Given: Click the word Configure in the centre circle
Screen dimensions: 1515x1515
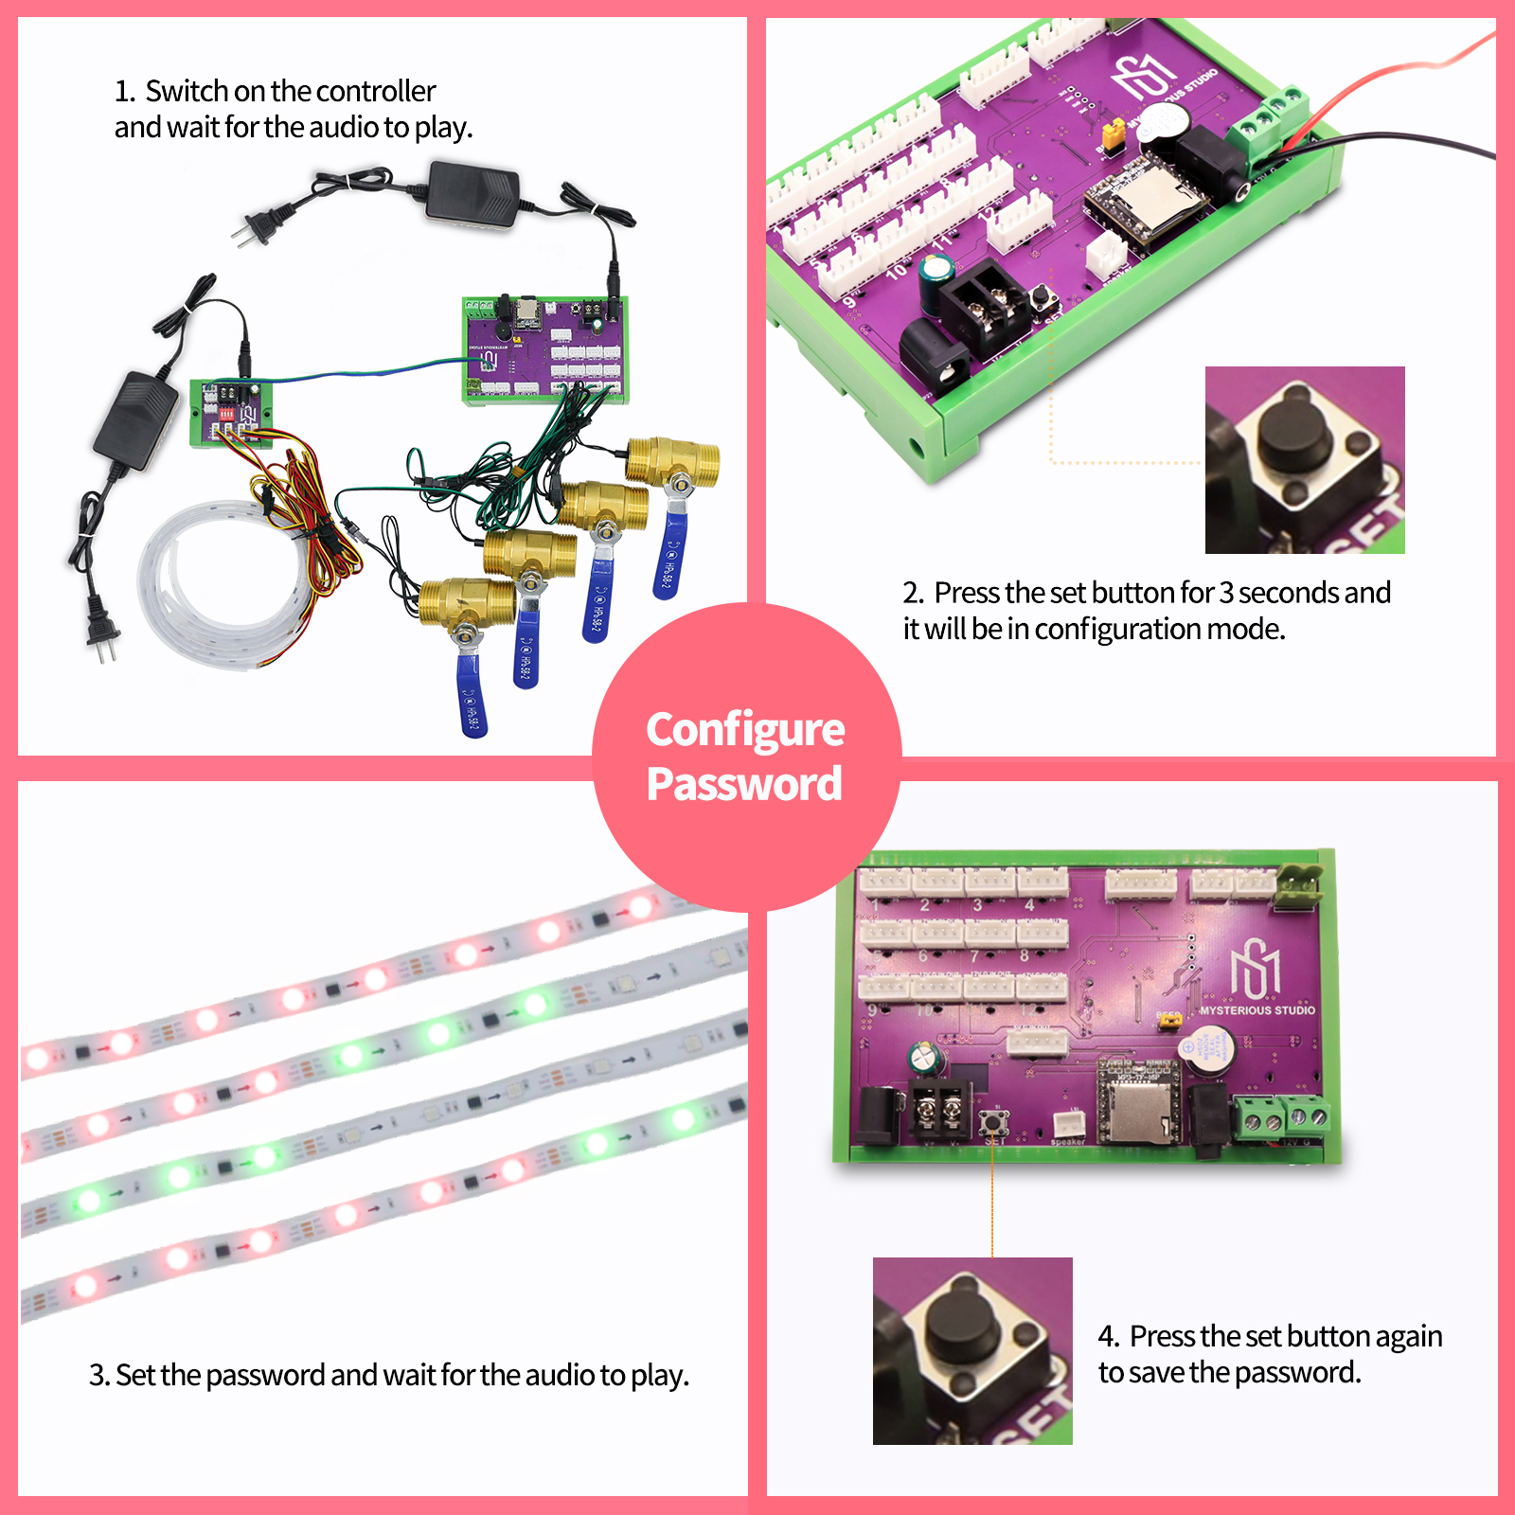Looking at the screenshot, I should pos(745,730).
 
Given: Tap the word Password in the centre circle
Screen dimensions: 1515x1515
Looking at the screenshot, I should pos(744,784).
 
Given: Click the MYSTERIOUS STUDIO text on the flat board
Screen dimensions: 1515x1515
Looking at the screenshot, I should pos(1257,1010).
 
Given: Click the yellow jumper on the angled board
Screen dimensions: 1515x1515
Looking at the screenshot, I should pos(1114,135).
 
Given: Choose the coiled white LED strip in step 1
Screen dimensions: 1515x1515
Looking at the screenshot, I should pos(204,587).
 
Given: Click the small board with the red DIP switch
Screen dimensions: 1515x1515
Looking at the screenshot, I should pos(230,413).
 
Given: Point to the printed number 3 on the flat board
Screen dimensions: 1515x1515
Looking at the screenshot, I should pos(977,905).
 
